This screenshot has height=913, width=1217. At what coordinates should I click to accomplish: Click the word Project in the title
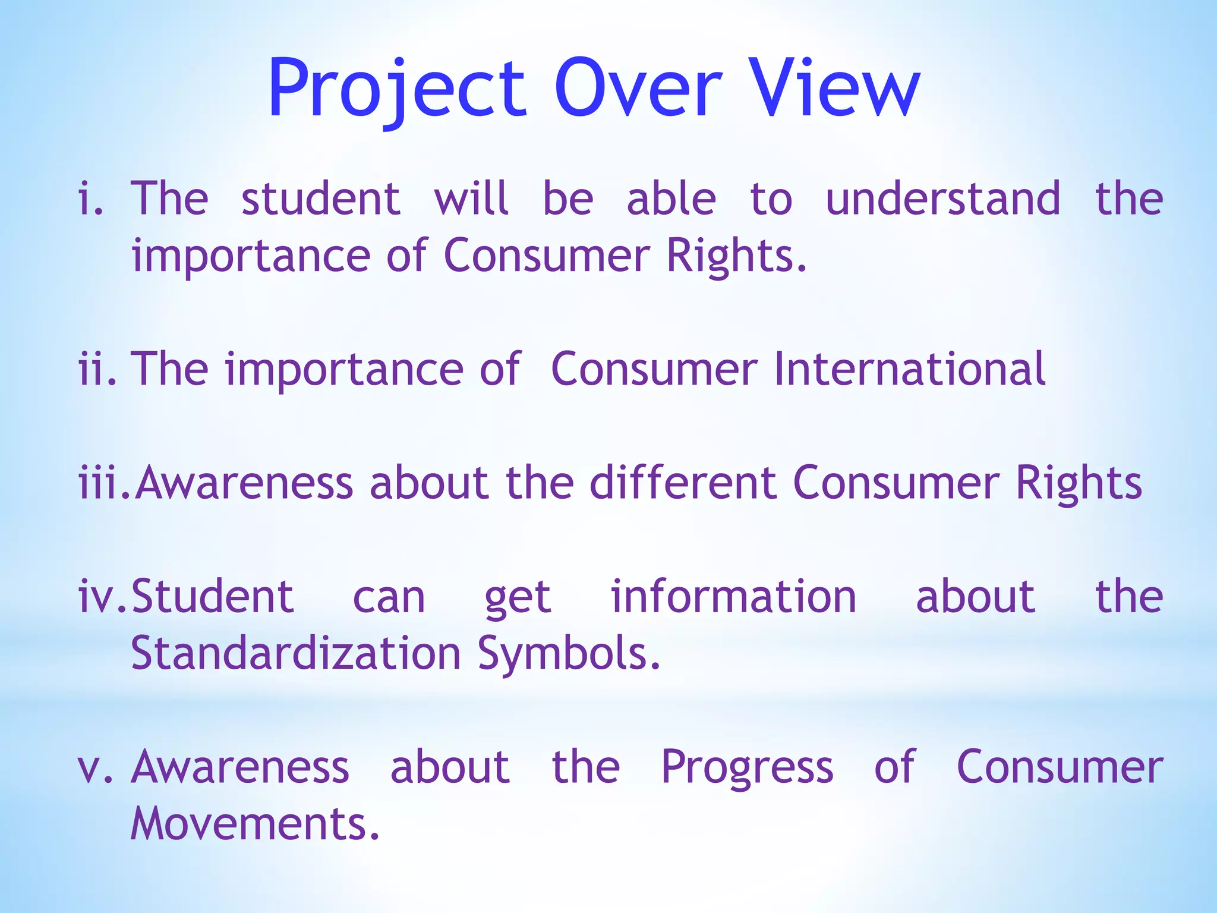click(397, 89)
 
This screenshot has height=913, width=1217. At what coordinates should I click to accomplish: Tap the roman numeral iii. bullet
click(104, 483)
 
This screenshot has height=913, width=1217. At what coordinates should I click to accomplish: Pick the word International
click(909, 369)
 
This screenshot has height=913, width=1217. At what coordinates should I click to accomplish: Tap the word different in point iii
click(683, 483)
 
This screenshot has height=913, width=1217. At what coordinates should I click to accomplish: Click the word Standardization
click(296, 653)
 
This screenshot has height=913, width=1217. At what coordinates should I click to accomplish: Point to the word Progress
click(747, 768)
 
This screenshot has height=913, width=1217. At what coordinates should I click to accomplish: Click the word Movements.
click(254, 824)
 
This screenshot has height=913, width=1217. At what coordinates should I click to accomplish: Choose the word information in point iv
click(733, 596)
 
